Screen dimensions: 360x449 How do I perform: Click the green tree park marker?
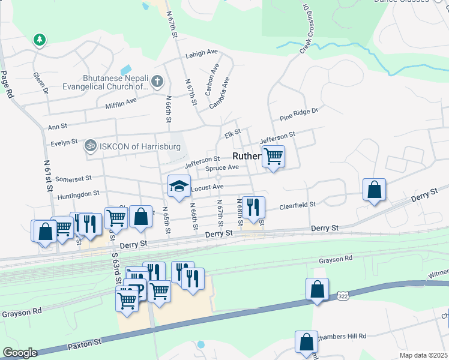40,40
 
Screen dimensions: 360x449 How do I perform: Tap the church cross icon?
157,81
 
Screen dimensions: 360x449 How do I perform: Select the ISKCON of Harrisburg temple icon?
91,145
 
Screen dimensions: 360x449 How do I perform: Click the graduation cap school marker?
179,187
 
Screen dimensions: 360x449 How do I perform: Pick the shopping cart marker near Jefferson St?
273,157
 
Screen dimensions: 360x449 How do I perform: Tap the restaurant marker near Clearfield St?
253,207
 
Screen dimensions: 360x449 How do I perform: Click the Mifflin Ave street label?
121,103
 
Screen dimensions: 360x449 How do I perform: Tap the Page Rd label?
7,85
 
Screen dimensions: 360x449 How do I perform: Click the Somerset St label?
73,179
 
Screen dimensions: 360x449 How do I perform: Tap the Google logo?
20,353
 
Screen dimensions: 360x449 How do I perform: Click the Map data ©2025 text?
424,355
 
